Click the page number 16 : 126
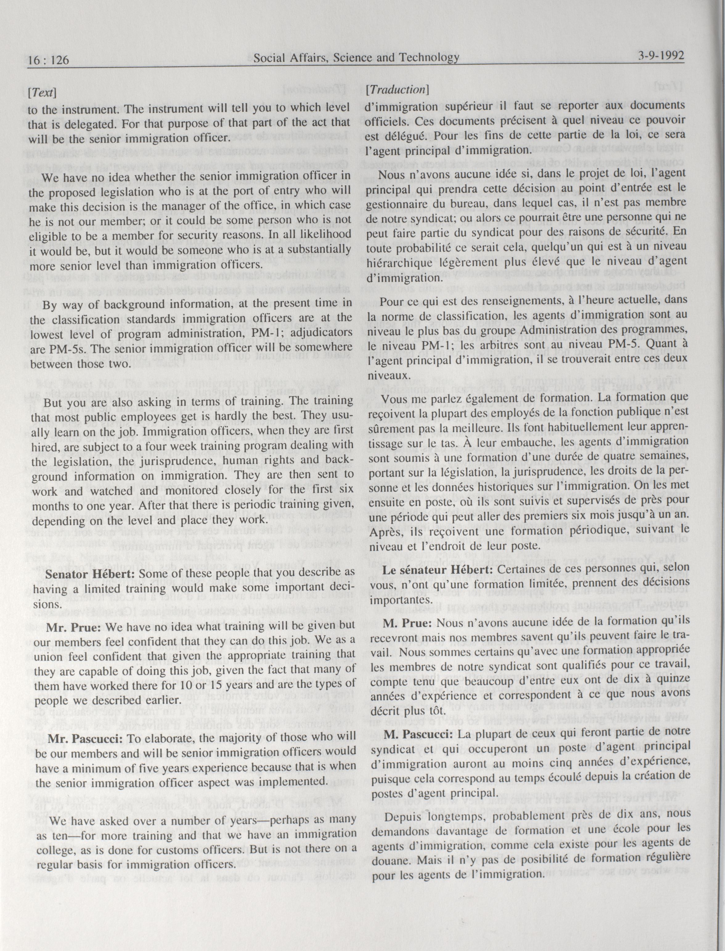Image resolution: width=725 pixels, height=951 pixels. (48, 60)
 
